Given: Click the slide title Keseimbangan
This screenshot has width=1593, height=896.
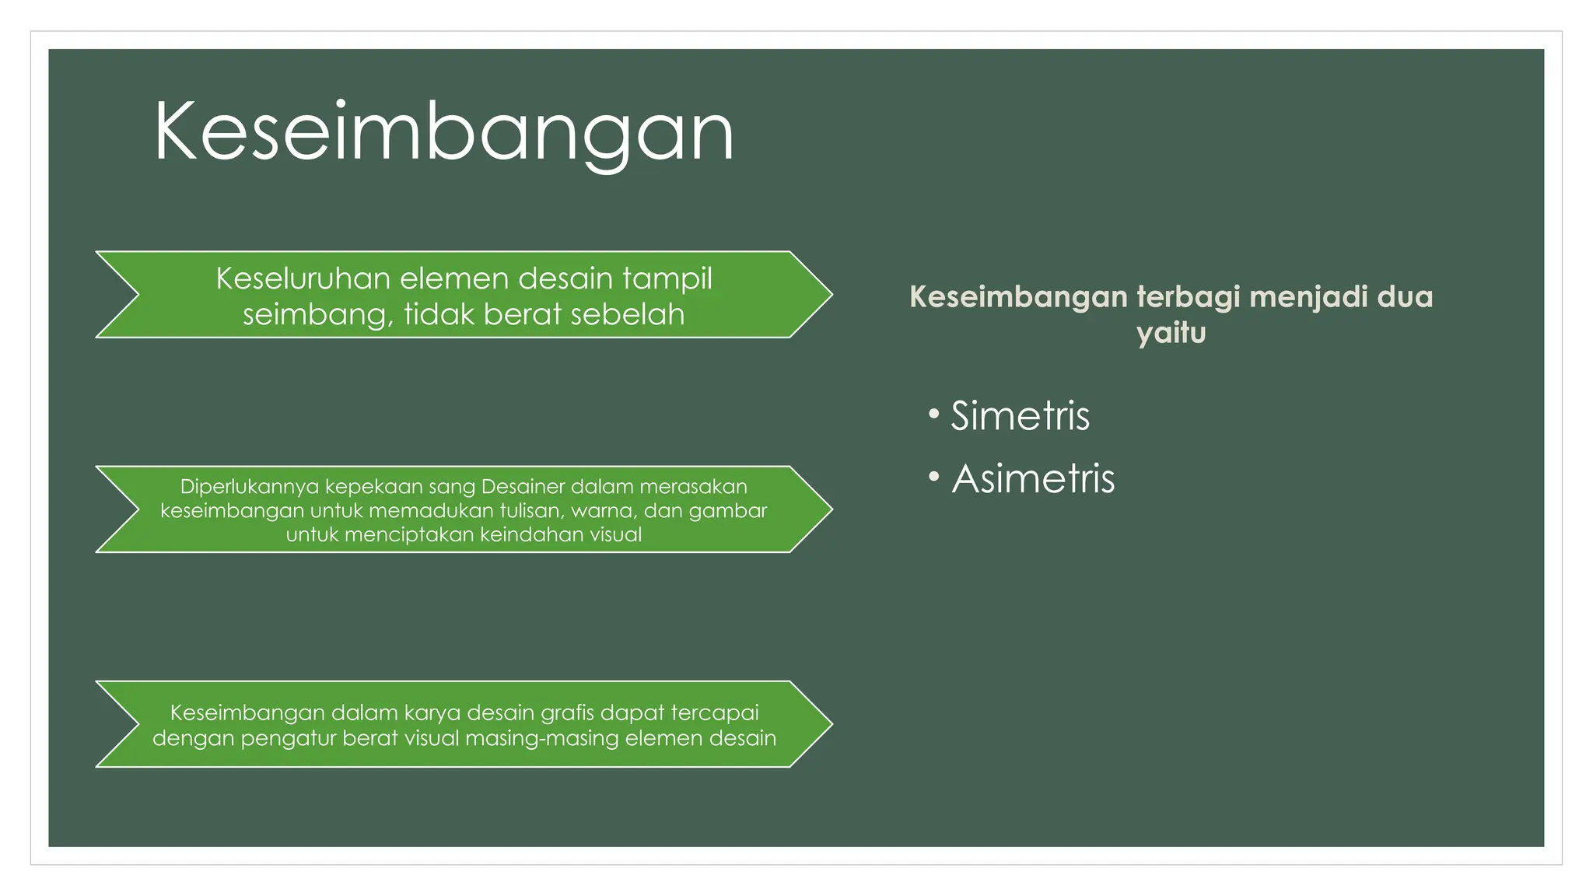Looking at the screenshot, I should pyautogui.click(x=443, y=132).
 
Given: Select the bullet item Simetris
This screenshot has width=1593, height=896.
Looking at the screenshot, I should pyautogui.click(x=1020, y=416).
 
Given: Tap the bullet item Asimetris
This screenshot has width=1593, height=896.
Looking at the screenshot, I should pyautogui.click(x=1033, y=478).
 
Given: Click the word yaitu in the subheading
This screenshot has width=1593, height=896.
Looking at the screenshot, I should pyautogui.click(x=1171, y=334).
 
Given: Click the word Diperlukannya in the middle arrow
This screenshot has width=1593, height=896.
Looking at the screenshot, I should pyautogui.click(x=249, y=487).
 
